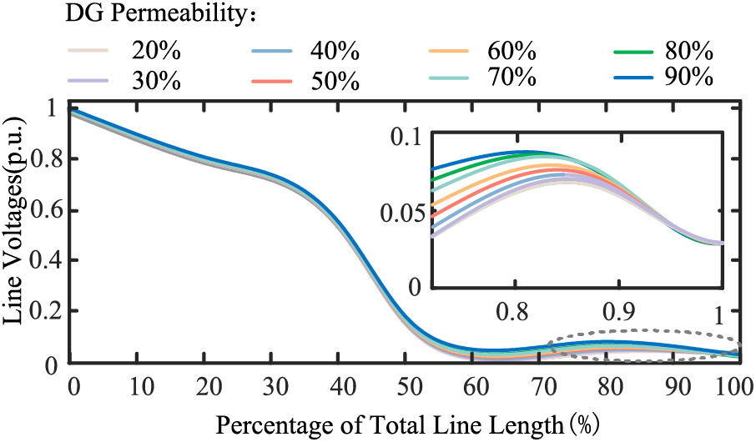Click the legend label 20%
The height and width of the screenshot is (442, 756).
tap(156, 51)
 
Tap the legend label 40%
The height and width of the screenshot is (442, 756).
tap(336, 51)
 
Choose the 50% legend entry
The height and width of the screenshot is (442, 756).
tap(336, 81)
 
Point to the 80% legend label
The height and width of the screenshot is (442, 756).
tap(689, 51)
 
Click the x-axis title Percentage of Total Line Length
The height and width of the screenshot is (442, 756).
tap(405, 425)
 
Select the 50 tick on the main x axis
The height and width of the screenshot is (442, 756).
tap(404, 389)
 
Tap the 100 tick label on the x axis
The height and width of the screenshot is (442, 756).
tap(734, 389)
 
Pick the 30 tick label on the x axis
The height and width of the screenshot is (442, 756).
tap(272, 389)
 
